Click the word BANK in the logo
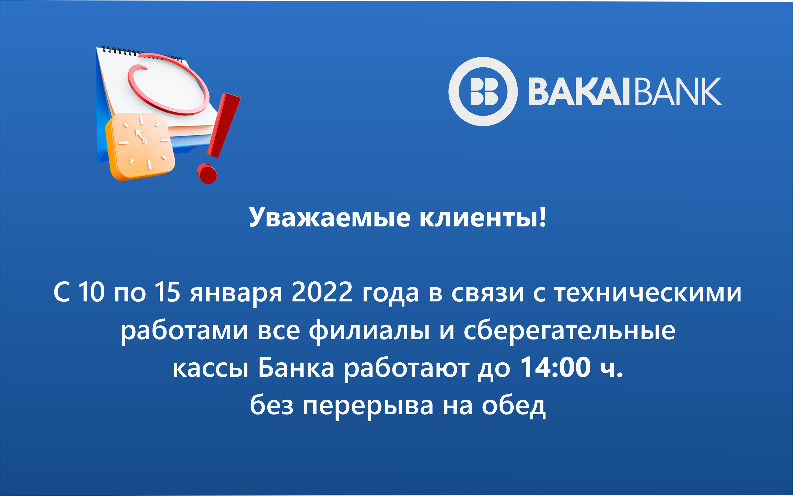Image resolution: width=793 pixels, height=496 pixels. point(678,92)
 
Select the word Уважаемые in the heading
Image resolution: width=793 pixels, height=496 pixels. point(330,217)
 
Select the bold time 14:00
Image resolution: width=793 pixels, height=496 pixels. point(556,367)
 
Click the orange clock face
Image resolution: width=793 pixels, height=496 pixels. point(141,147)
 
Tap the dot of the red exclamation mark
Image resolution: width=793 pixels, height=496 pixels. point(207,173)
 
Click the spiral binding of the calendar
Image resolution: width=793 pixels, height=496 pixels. point(142,54)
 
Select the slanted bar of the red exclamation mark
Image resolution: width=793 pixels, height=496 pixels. point(224,125)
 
